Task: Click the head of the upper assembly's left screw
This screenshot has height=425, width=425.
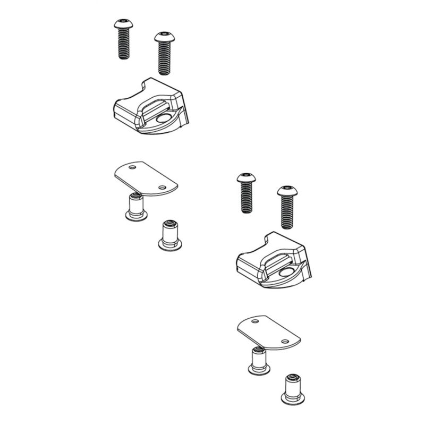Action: pyautogui.click(x=122, y=24)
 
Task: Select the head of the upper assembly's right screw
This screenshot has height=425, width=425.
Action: pyautogui.click(x=164, y=38)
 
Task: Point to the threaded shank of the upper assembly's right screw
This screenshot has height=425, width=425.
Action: pyautogui.click(x=164, y=58)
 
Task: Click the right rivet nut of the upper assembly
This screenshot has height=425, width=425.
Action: pyautogui.click(x=168, y=236)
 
